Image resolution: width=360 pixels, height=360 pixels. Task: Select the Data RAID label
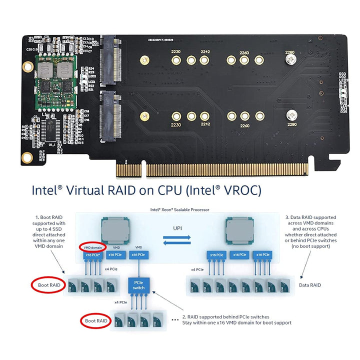pos(310,285)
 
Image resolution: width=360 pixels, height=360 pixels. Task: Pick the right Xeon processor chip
pos(239,229)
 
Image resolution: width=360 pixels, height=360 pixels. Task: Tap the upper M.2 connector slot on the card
pos(110,60)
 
